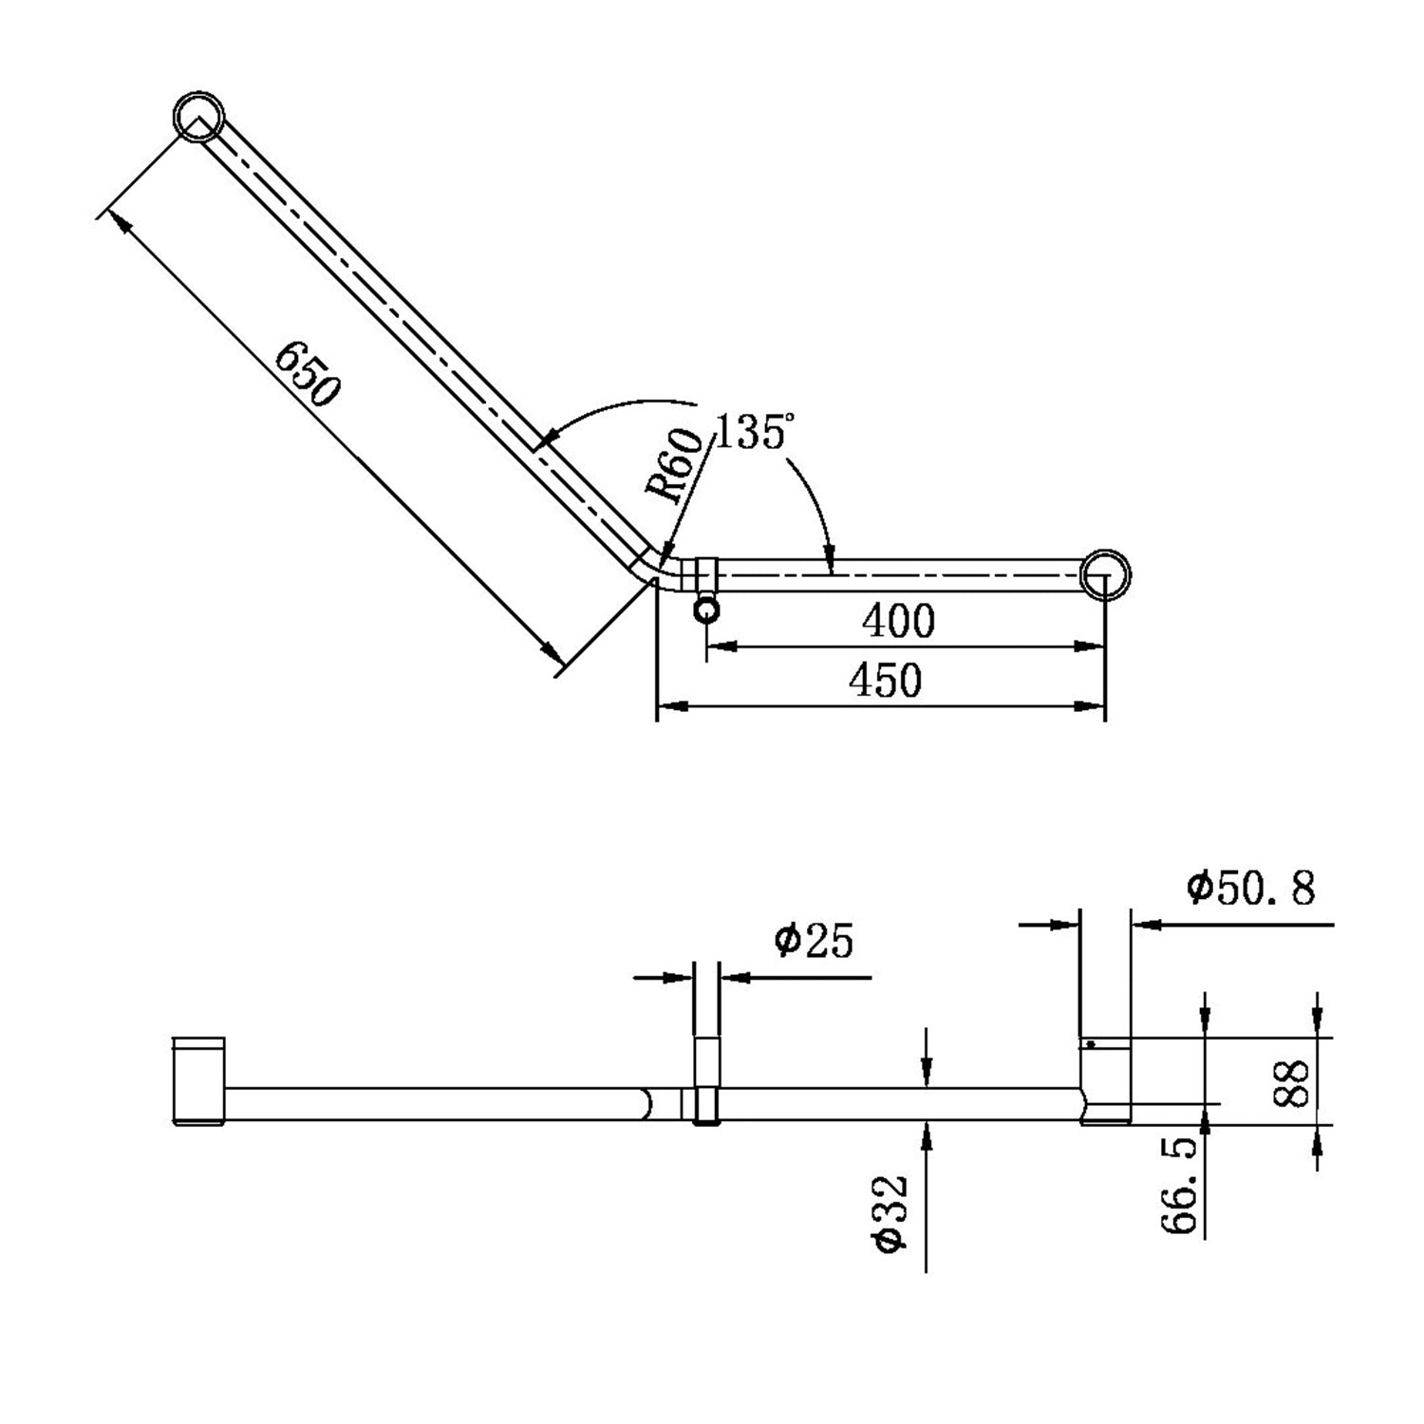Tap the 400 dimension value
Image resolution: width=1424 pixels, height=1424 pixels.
(898, 622)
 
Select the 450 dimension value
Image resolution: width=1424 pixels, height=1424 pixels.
(885, 681)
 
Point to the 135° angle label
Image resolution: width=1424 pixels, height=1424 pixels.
(750, 433)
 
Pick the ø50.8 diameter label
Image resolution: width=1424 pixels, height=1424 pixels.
(1250, 890)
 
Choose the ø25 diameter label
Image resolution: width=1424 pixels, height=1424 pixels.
(814, 942)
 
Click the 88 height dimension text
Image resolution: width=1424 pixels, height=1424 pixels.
(1293, 1081)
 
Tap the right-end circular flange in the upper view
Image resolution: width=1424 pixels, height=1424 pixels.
(1106, 574)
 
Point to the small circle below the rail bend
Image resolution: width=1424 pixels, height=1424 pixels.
(706, 609)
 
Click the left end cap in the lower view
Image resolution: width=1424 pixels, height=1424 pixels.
(198, 1081)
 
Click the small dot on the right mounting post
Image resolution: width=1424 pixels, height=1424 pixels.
(1092, 1044)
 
